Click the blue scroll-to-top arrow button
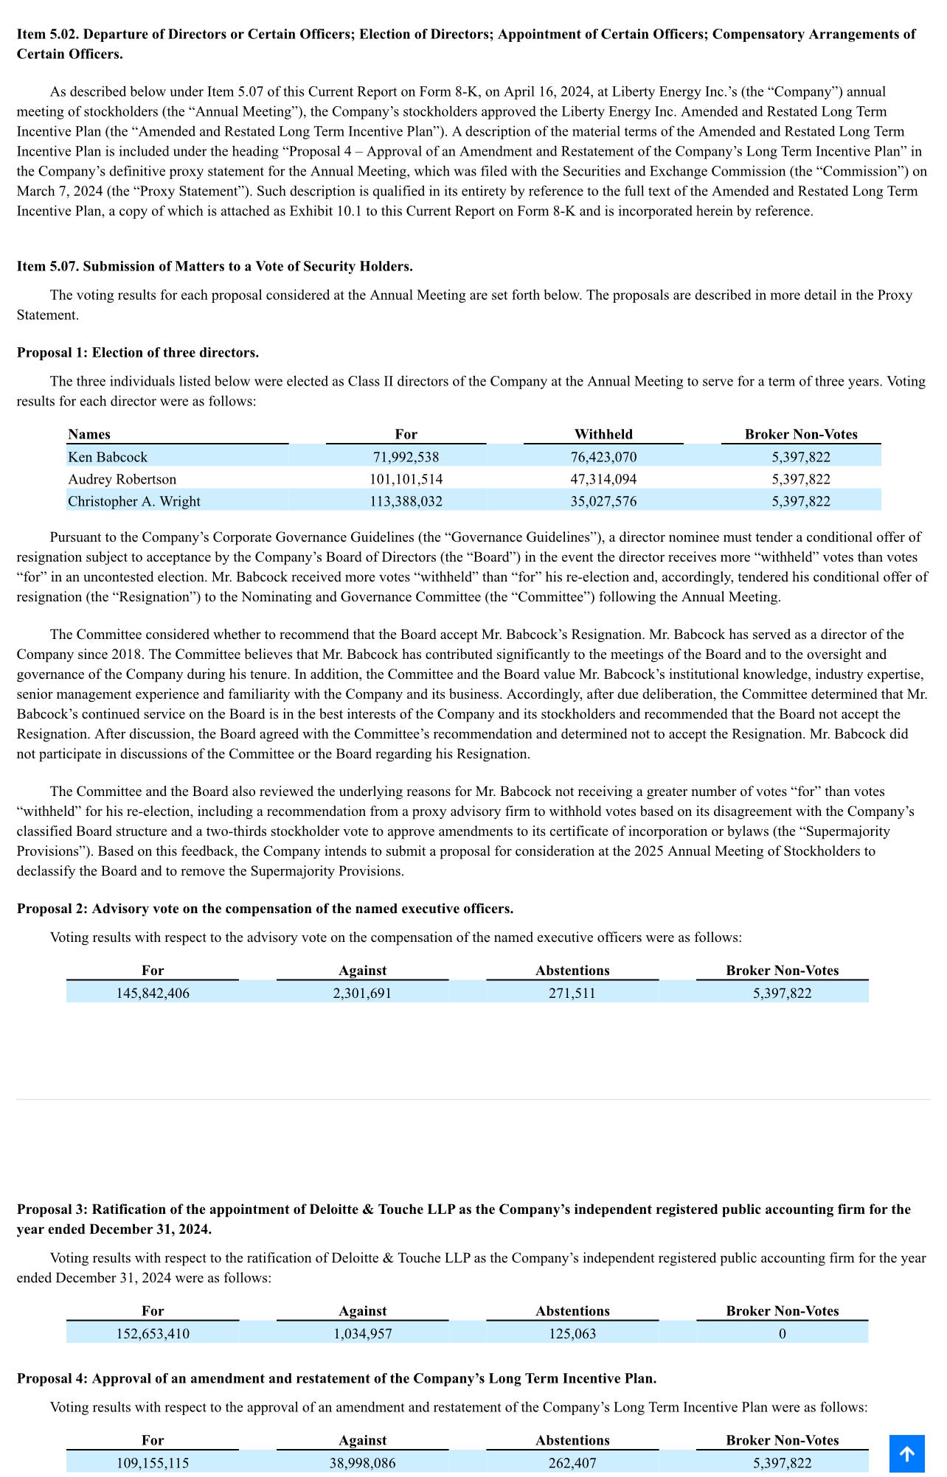906,1453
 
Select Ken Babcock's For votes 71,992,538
406,457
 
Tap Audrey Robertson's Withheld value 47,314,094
603,479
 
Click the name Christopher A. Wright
134,501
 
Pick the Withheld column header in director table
603,434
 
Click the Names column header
89,434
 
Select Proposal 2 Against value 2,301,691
362,993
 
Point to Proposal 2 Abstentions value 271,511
572,993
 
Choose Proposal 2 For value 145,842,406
153,993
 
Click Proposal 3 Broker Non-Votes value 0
782,1333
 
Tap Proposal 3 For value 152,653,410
153,1333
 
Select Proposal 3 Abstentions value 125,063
572,1333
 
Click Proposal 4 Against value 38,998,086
362,1463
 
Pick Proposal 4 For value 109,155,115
153,1463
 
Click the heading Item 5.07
215,266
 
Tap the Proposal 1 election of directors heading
138,352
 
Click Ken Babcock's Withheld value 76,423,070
603,457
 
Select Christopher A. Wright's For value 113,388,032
406,501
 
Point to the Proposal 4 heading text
336,1378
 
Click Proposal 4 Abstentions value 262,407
572,1463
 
